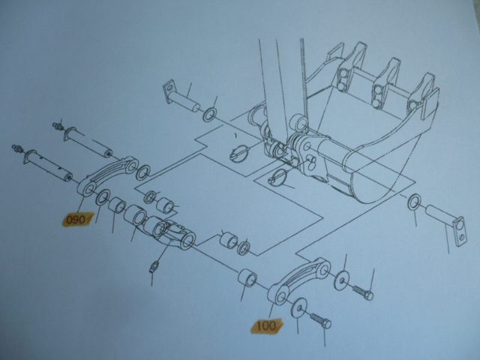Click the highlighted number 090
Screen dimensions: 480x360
pos(75,220)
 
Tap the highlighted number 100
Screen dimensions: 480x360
pos(267,325)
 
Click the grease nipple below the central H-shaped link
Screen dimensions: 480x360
pos(154,266)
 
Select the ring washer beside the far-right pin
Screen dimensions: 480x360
pos(414,202)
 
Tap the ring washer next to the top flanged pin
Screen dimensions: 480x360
pos(210,115)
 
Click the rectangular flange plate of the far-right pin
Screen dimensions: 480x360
pos(458,232)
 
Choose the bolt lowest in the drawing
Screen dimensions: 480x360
pos(320,321)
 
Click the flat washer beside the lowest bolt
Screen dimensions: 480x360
pos(299,307)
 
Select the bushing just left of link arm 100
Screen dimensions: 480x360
pos(247,278)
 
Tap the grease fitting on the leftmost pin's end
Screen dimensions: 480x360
pos(17,148)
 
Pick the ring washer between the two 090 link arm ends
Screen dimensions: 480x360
pos(143,172)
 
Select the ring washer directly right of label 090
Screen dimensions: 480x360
pos(103,197)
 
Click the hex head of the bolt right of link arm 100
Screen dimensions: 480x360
pos(368,295)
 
